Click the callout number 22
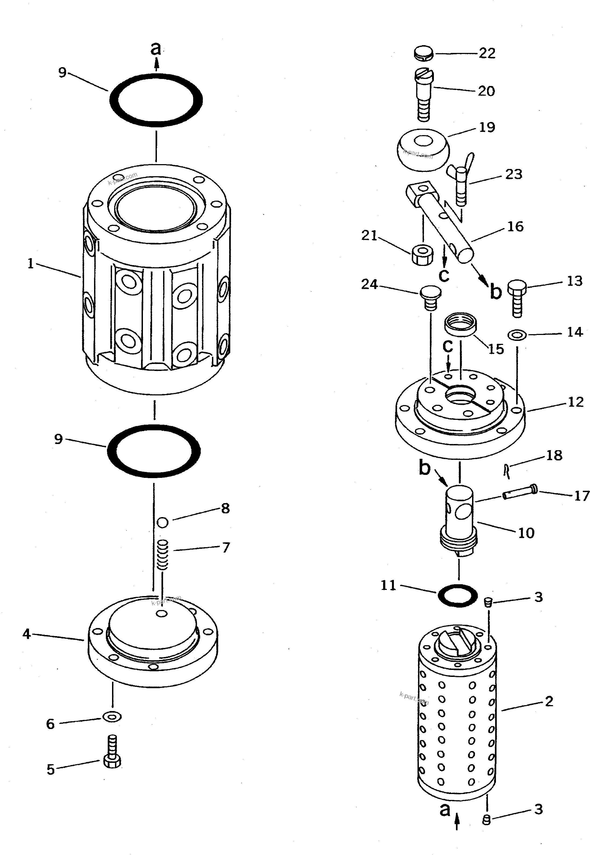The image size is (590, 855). (487, 53)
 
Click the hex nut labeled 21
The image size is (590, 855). (422, 254)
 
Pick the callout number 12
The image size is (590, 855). (575, 402)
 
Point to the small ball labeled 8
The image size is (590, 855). (163, 522)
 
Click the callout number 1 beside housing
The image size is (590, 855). (30, 264)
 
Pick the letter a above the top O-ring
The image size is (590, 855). (156, 49)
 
